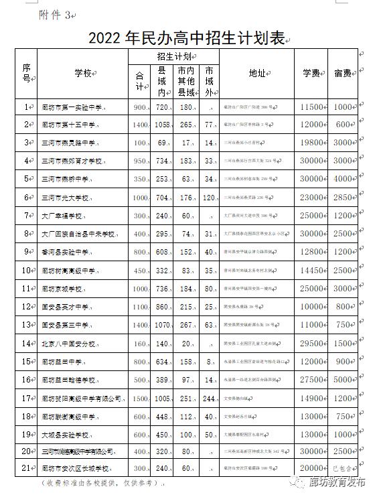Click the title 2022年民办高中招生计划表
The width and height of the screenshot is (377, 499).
[190, 37]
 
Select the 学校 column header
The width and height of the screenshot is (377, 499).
[82, 73]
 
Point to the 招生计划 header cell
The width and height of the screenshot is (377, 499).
[173, 56]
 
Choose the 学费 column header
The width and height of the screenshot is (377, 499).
[311, 73]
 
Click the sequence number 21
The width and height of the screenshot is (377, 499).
[27, 468]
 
